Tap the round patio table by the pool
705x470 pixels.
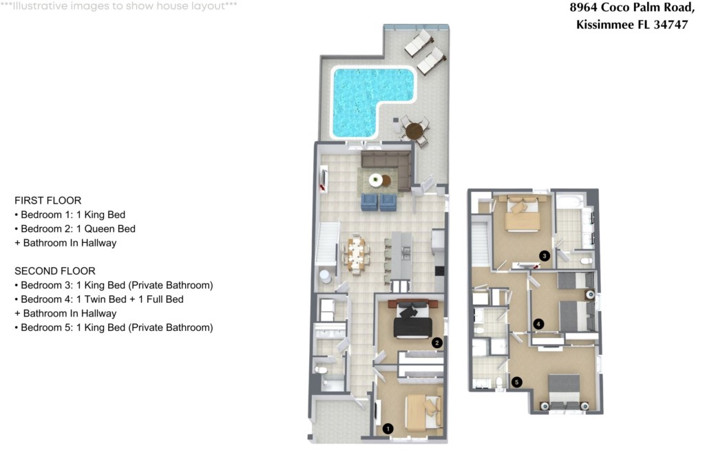coord(414,130)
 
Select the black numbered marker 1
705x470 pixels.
coord(388,429)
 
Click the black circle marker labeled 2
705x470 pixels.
coord(436,342)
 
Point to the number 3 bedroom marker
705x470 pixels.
coord(544,256)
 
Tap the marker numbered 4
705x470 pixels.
coord(538,323)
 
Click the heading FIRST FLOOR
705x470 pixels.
coord(48,200)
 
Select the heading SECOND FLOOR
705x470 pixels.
coord(54,271)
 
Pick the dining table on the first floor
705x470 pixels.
coord(356,254)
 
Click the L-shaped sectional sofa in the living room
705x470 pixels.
coord(386,165)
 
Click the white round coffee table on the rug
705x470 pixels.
coord(376,180)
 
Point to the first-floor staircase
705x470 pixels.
coord(328,244)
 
